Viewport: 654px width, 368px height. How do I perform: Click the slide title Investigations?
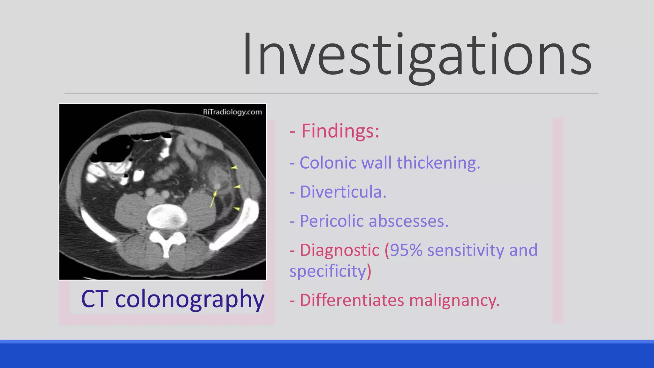417,55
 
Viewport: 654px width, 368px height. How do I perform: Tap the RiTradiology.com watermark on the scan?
232,112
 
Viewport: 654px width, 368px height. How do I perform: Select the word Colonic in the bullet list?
328,163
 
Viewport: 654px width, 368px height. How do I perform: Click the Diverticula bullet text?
343,192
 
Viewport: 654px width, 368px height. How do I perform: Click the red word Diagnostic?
339,250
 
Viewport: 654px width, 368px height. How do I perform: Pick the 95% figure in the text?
406,250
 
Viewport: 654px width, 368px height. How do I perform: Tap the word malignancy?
454,300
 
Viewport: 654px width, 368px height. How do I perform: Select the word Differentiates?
352,300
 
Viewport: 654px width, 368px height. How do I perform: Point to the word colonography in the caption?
190,299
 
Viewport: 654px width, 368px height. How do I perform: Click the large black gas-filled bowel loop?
113,149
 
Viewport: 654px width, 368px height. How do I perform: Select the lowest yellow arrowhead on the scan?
237,209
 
